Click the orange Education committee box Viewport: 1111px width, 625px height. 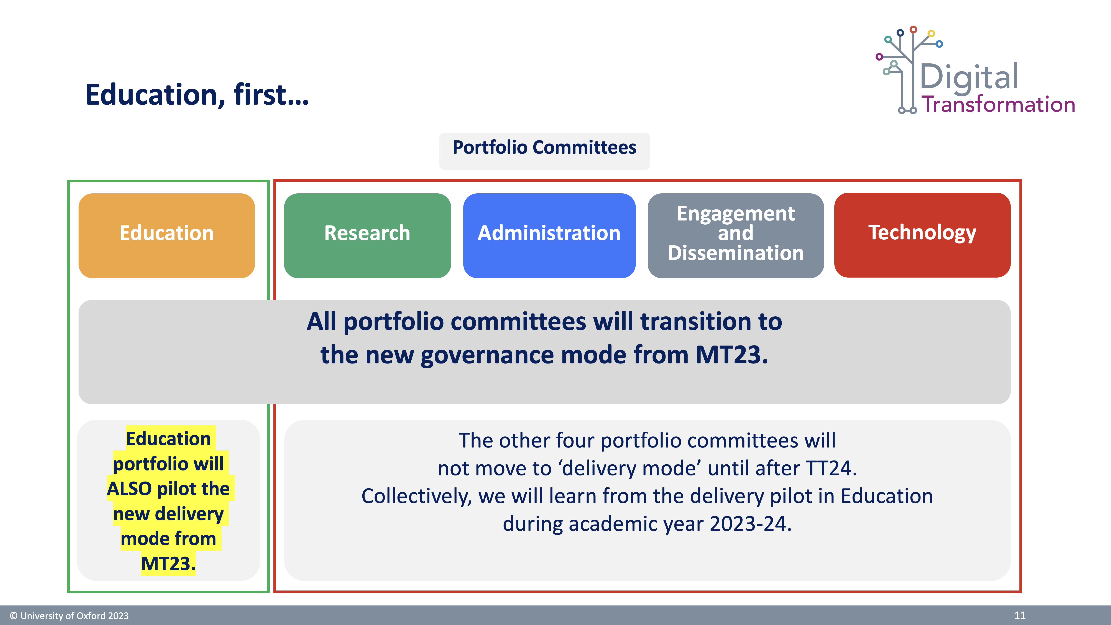[x=166, y=235]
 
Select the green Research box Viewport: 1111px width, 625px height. [x=367, y=235]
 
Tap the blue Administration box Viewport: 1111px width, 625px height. [x=549, y=235]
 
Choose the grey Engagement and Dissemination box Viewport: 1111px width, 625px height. [x=736, y=235]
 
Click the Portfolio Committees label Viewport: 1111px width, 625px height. [x=544, y=148]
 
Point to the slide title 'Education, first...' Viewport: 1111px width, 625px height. [x=197, y=95]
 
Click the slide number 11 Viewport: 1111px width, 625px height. [x=1020, y=615]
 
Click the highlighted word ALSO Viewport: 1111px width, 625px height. [x=129, y=489]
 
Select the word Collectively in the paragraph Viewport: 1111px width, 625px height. [x=417, y=496]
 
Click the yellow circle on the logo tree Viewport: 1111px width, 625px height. [x=931, y=33]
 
